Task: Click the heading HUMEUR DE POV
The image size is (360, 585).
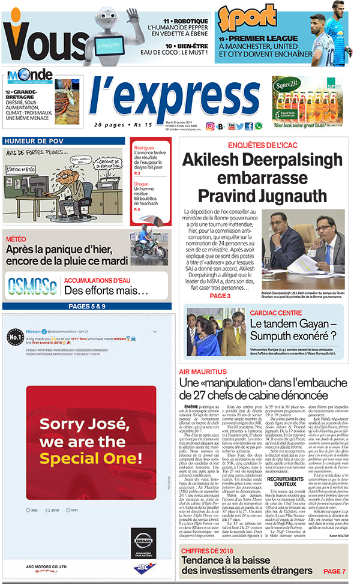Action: (32, 141)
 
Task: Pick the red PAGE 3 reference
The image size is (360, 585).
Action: (220, 296)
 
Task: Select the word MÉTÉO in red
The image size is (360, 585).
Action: (16, 239)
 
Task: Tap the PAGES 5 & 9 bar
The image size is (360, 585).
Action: (87, 307)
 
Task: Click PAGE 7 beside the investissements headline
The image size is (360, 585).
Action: (334, 570)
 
